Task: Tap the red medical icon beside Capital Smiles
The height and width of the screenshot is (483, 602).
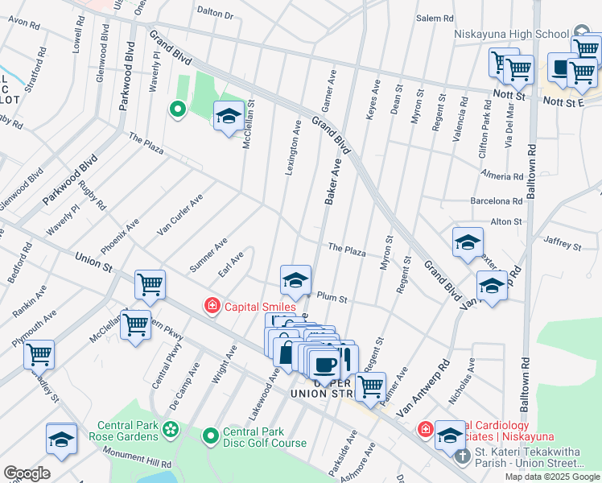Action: pyautogui.click(x=212, y=306)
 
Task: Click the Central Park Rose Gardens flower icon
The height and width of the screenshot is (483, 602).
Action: pyautogui.click(x=171, y=431)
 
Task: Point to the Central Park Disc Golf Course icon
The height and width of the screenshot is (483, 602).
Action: pyautogui.click(x=211, y=436)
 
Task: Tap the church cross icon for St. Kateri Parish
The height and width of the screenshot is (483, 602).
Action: pyautogui.click(x=461, y=456)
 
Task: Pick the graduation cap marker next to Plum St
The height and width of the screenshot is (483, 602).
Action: pyautogui.click(x=295, y=279)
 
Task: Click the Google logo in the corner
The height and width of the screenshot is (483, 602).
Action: pyautogui.click(x=27, y=473)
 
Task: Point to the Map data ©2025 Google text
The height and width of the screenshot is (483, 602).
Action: pyautogui.click(x=551, y=477)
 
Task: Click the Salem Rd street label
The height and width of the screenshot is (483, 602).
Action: pyautogui.click(x=435, y=19)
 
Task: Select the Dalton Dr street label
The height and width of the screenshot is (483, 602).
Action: pyautogui.click(x=215, y=14)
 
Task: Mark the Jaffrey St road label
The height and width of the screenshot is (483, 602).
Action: pyautogui.click(x=562, y=244)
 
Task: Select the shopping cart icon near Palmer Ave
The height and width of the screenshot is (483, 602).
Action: pyautogui.click(x=370, y=386)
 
